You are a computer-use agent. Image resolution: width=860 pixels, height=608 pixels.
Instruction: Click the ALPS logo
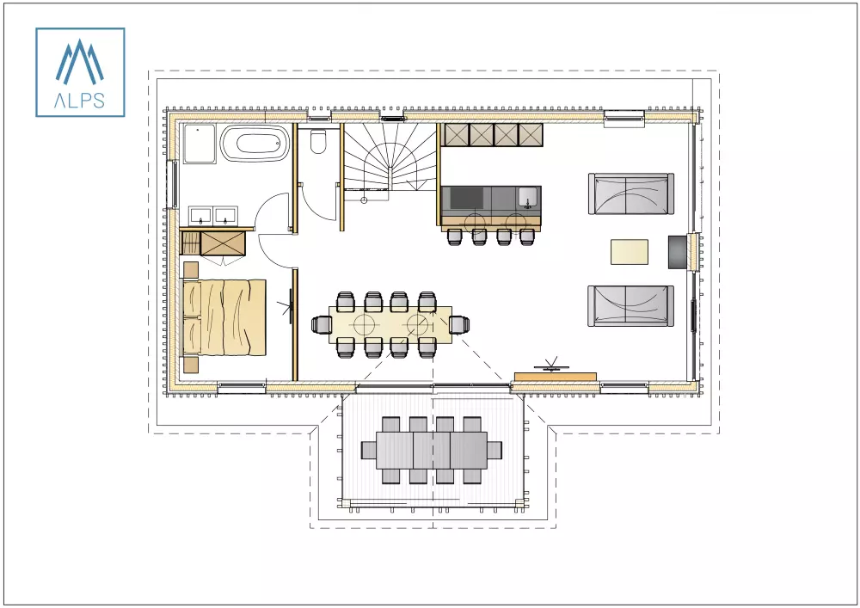coord(80,71)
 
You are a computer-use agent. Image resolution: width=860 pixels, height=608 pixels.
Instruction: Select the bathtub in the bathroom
coord(255,143)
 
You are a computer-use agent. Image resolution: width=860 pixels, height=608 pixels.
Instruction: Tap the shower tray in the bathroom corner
coord(199,143)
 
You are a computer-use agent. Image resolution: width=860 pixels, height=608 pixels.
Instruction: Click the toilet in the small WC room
coord(318,141)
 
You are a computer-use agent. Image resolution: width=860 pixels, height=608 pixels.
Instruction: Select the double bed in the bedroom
coord(225,316)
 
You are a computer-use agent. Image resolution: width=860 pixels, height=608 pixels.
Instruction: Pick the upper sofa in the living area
coord(630,193)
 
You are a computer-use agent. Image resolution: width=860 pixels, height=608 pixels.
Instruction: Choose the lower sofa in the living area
coord(630,305)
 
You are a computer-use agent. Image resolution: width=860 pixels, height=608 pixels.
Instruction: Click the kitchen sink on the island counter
coord(527,199)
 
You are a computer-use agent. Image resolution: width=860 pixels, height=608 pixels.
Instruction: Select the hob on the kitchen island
coord(467,199)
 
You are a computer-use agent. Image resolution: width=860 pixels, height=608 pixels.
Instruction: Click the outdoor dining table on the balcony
coord(432,449)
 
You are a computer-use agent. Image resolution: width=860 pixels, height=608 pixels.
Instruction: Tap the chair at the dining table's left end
coord(322,324)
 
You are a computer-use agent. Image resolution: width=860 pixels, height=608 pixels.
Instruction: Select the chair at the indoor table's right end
coord(460,324)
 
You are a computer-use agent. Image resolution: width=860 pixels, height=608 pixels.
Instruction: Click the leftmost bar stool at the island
coord(455,236)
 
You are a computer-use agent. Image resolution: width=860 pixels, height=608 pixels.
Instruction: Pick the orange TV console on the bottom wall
coord(555,376)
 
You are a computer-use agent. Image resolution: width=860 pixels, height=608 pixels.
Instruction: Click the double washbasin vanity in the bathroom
coord(214,216)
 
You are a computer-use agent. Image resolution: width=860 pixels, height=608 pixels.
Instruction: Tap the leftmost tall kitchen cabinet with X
coord(455,134)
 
